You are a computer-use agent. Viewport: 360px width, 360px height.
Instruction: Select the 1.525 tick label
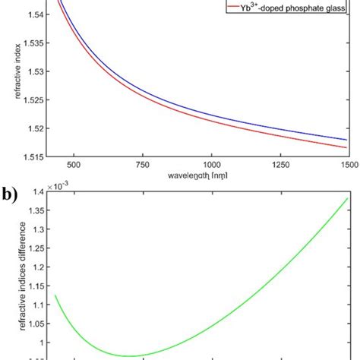pos(28,100)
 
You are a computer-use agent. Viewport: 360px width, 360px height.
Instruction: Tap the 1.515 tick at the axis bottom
pos(28,156)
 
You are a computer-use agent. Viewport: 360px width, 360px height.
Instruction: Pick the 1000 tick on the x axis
pos(212,163)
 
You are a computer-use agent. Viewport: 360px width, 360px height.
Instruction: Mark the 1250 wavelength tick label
pos(281,163)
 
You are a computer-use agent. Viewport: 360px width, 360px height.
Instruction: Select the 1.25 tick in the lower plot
pos(33,249)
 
